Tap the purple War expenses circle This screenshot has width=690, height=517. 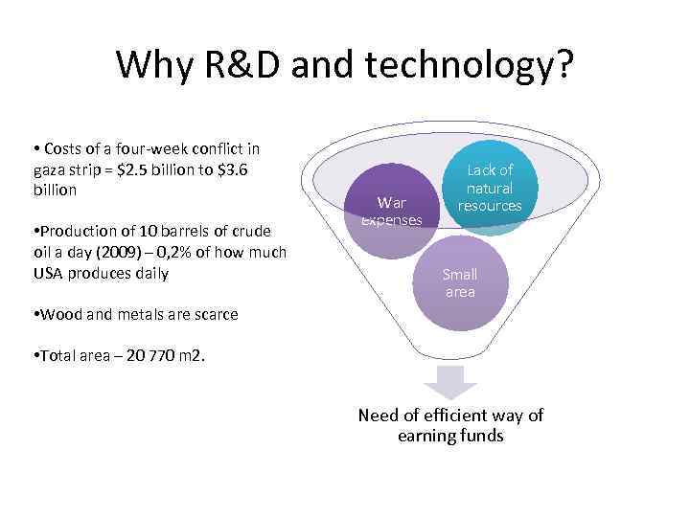pos(391,211)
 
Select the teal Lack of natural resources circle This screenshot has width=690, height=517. pos(490,188)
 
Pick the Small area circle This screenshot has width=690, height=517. pos(460,282)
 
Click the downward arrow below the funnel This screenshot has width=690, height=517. pos(450,381)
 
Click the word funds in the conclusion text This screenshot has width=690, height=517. pos(479,437)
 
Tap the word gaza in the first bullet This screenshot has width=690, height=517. pos(50,169)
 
